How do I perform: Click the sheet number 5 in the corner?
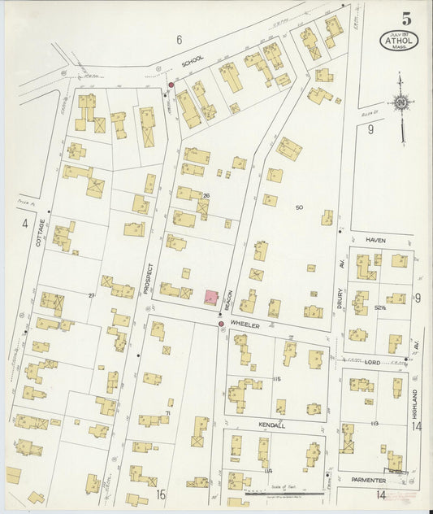pyautogui.click(x=405, y=19)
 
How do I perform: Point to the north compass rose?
pyautogui.click(x=401, y=103)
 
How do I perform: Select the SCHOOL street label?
pyautogui.click(x=193, y=60)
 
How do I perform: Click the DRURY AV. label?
pyautogui.click(x=342, y=277)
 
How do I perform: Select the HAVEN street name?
pyautogui.click(x=375, y=241)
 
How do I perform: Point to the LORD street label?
pyautogui.click(x=372, y=361)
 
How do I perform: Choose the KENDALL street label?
pyautogui.click(x=273, y=425)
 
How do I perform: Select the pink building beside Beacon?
pyautogui.click(x=210, y=297)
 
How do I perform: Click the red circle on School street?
pyautogui.click(x=171, y=85)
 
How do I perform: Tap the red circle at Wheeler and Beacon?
pyautogui.click(x=221, y=324)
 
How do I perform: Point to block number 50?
pyautogui.click(x=299, y=208)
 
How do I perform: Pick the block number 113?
pyautogui.click(x=375, y=424)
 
